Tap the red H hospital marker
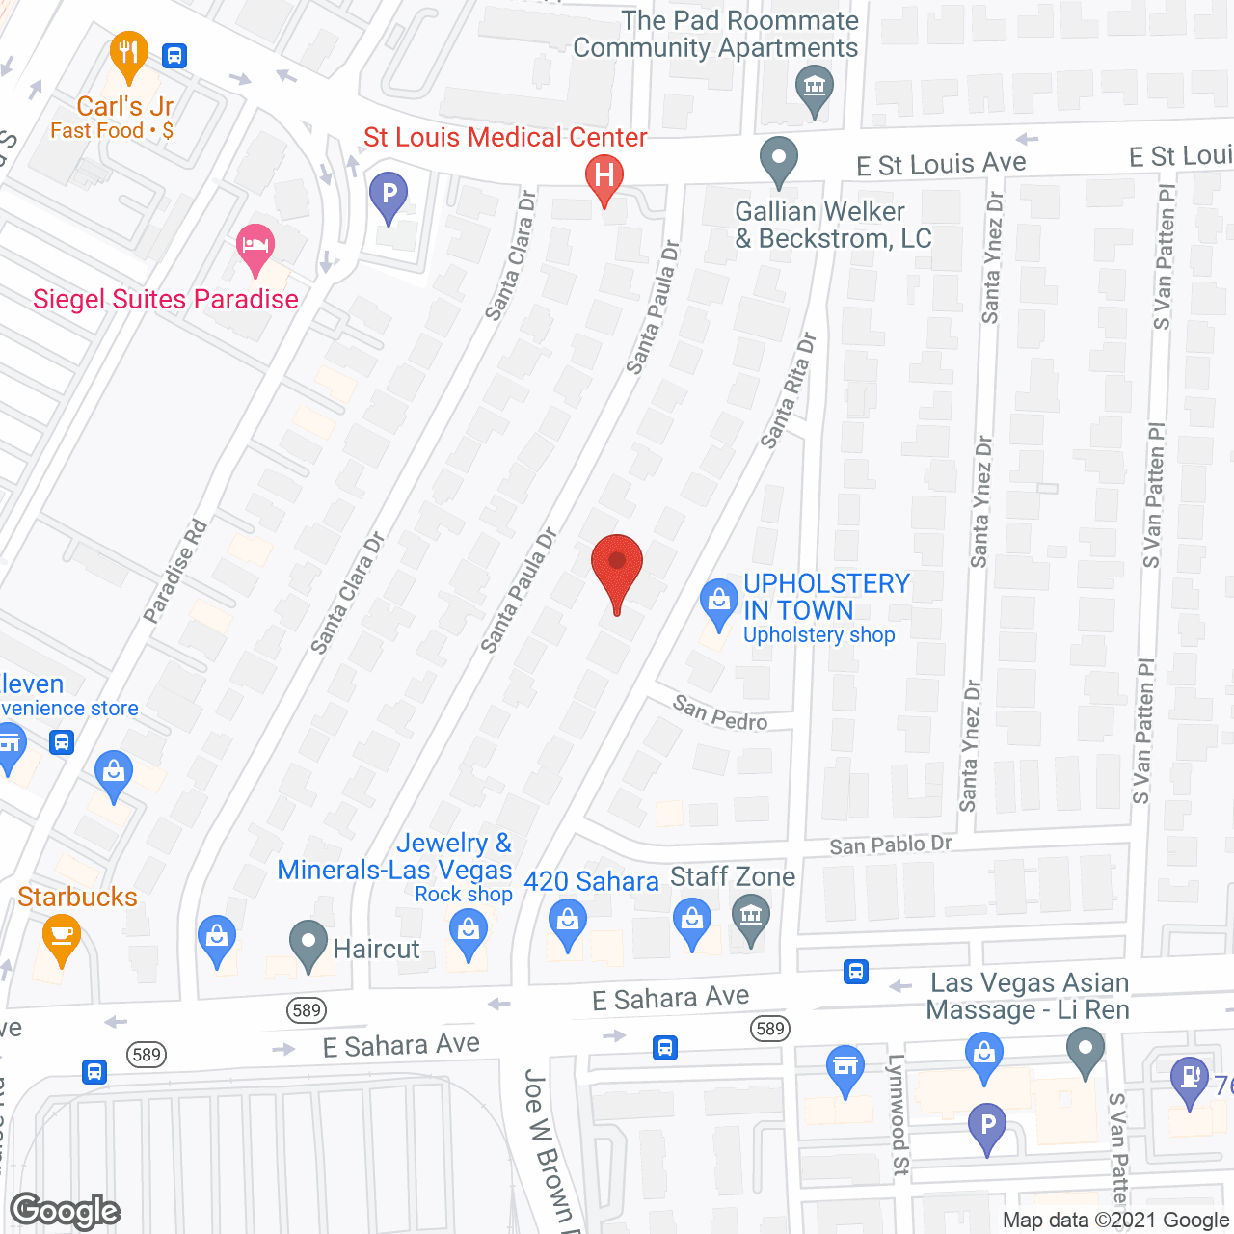click(604, 176)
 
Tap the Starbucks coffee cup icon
click(62, 936)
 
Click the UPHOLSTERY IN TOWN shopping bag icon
click(717, 602)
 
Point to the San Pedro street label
click(720, 713)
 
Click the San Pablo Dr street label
click(890, 845)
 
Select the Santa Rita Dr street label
click(788, 390)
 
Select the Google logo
click(66, 1211)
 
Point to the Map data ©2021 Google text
click(1116, 1220)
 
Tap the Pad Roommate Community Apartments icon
click(815, 88)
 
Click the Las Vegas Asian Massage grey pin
click(1086, 1048)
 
